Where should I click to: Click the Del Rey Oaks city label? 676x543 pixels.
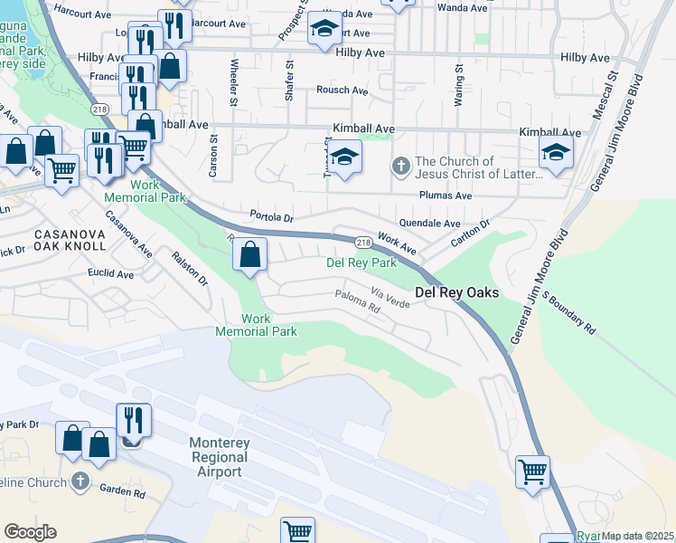pyautogui.click(x=456, y=293)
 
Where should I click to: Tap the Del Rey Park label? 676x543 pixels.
pyautogui.click(x=361, y=263)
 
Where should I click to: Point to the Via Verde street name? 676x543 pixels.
pyautogui.click(x=390, y=298)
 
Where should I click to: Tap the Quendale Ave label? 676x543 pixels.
pyautogui.click(x=429, y=223)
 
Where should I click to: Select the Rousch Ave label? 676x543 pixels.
pyautogui.click(x=342, y=90)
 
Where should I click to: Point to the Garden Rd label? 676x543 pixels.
pyautogui.click(x=123, y=494)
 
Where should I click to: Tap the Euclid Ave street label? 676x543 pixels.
pyautogui.click(x=112, y=273)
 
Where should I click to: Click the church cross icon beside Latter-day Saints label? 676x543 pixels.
pyautogui.click(x=400, y=167)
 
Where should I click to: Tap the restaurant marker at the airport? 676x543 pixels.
pyautogui.click(x=133, y=420)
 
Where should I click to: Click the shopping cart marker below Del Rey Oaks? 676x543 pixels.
pyautogui.click(x=532, y=472)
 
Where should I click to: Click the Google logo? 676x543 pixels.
pyautogui.click(x=30, y=531)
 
